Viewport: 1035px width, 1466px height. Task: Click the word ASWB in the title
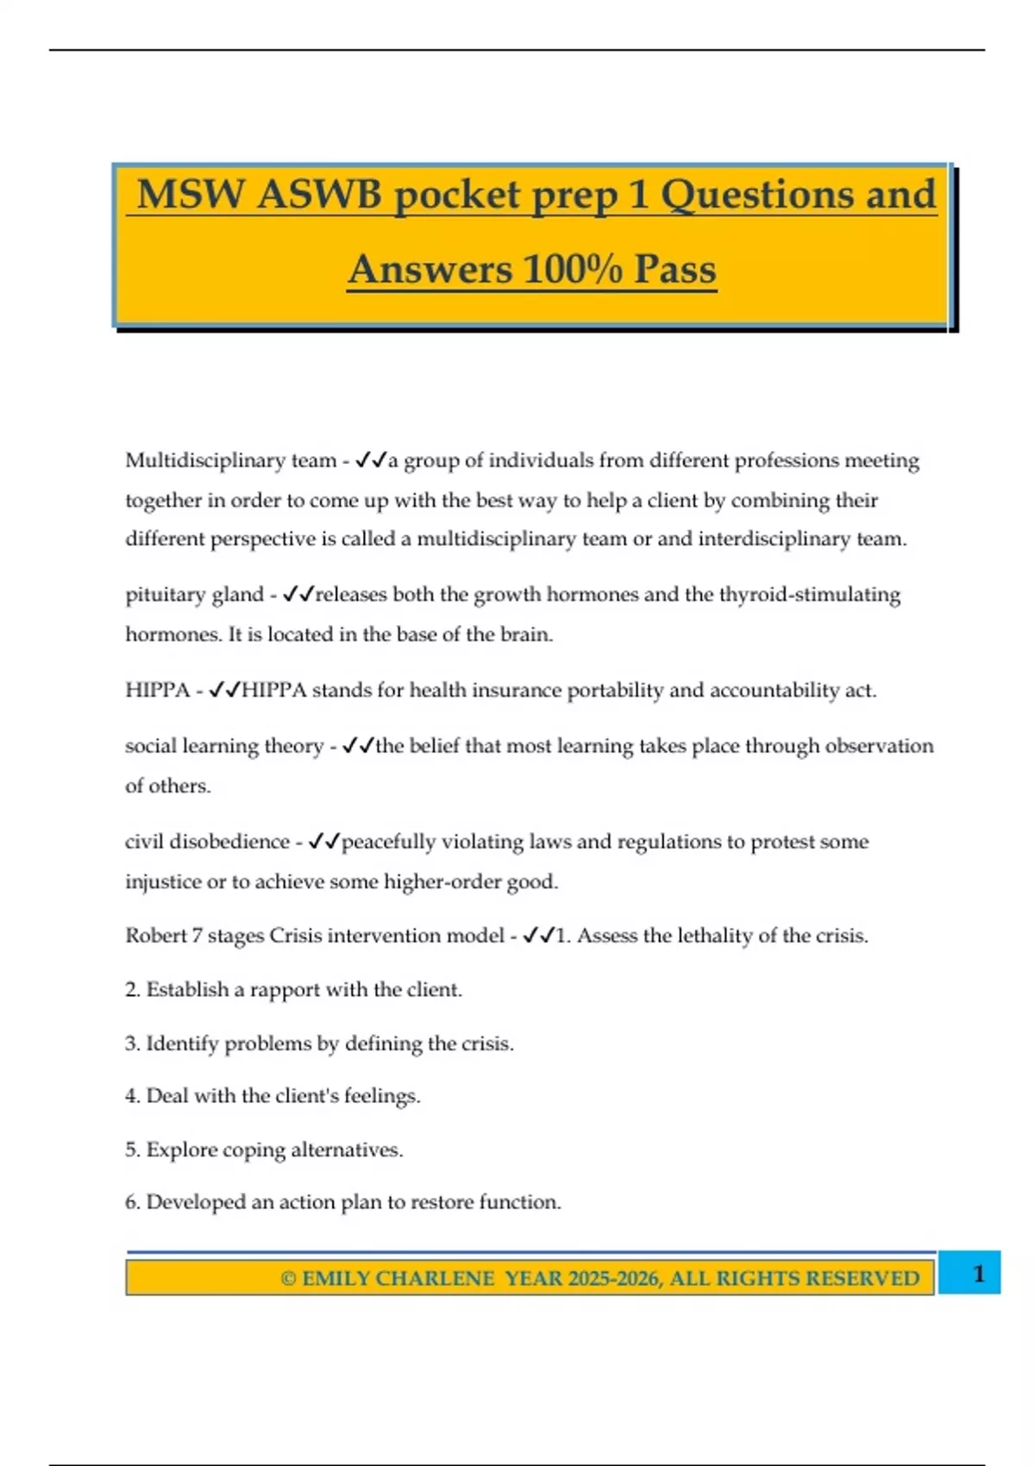(318, 195)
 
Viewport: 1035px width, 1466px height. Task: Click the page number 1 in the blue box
(978, 1274)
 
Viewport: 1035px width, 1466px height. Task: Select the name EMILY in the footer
(336, 1278)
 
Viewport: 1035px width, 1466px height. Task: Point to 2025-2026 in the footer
(614, 1278)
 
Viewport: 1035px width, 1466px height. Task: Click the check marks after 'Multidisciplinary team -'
(371, 460)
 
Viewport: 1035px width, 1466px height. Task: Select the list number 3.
(131, 1043)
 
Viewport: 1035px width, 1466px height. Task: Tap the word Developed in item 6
(196, 1202)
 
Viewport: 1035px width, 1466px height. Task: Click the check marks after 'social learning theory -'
(358, 746)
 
